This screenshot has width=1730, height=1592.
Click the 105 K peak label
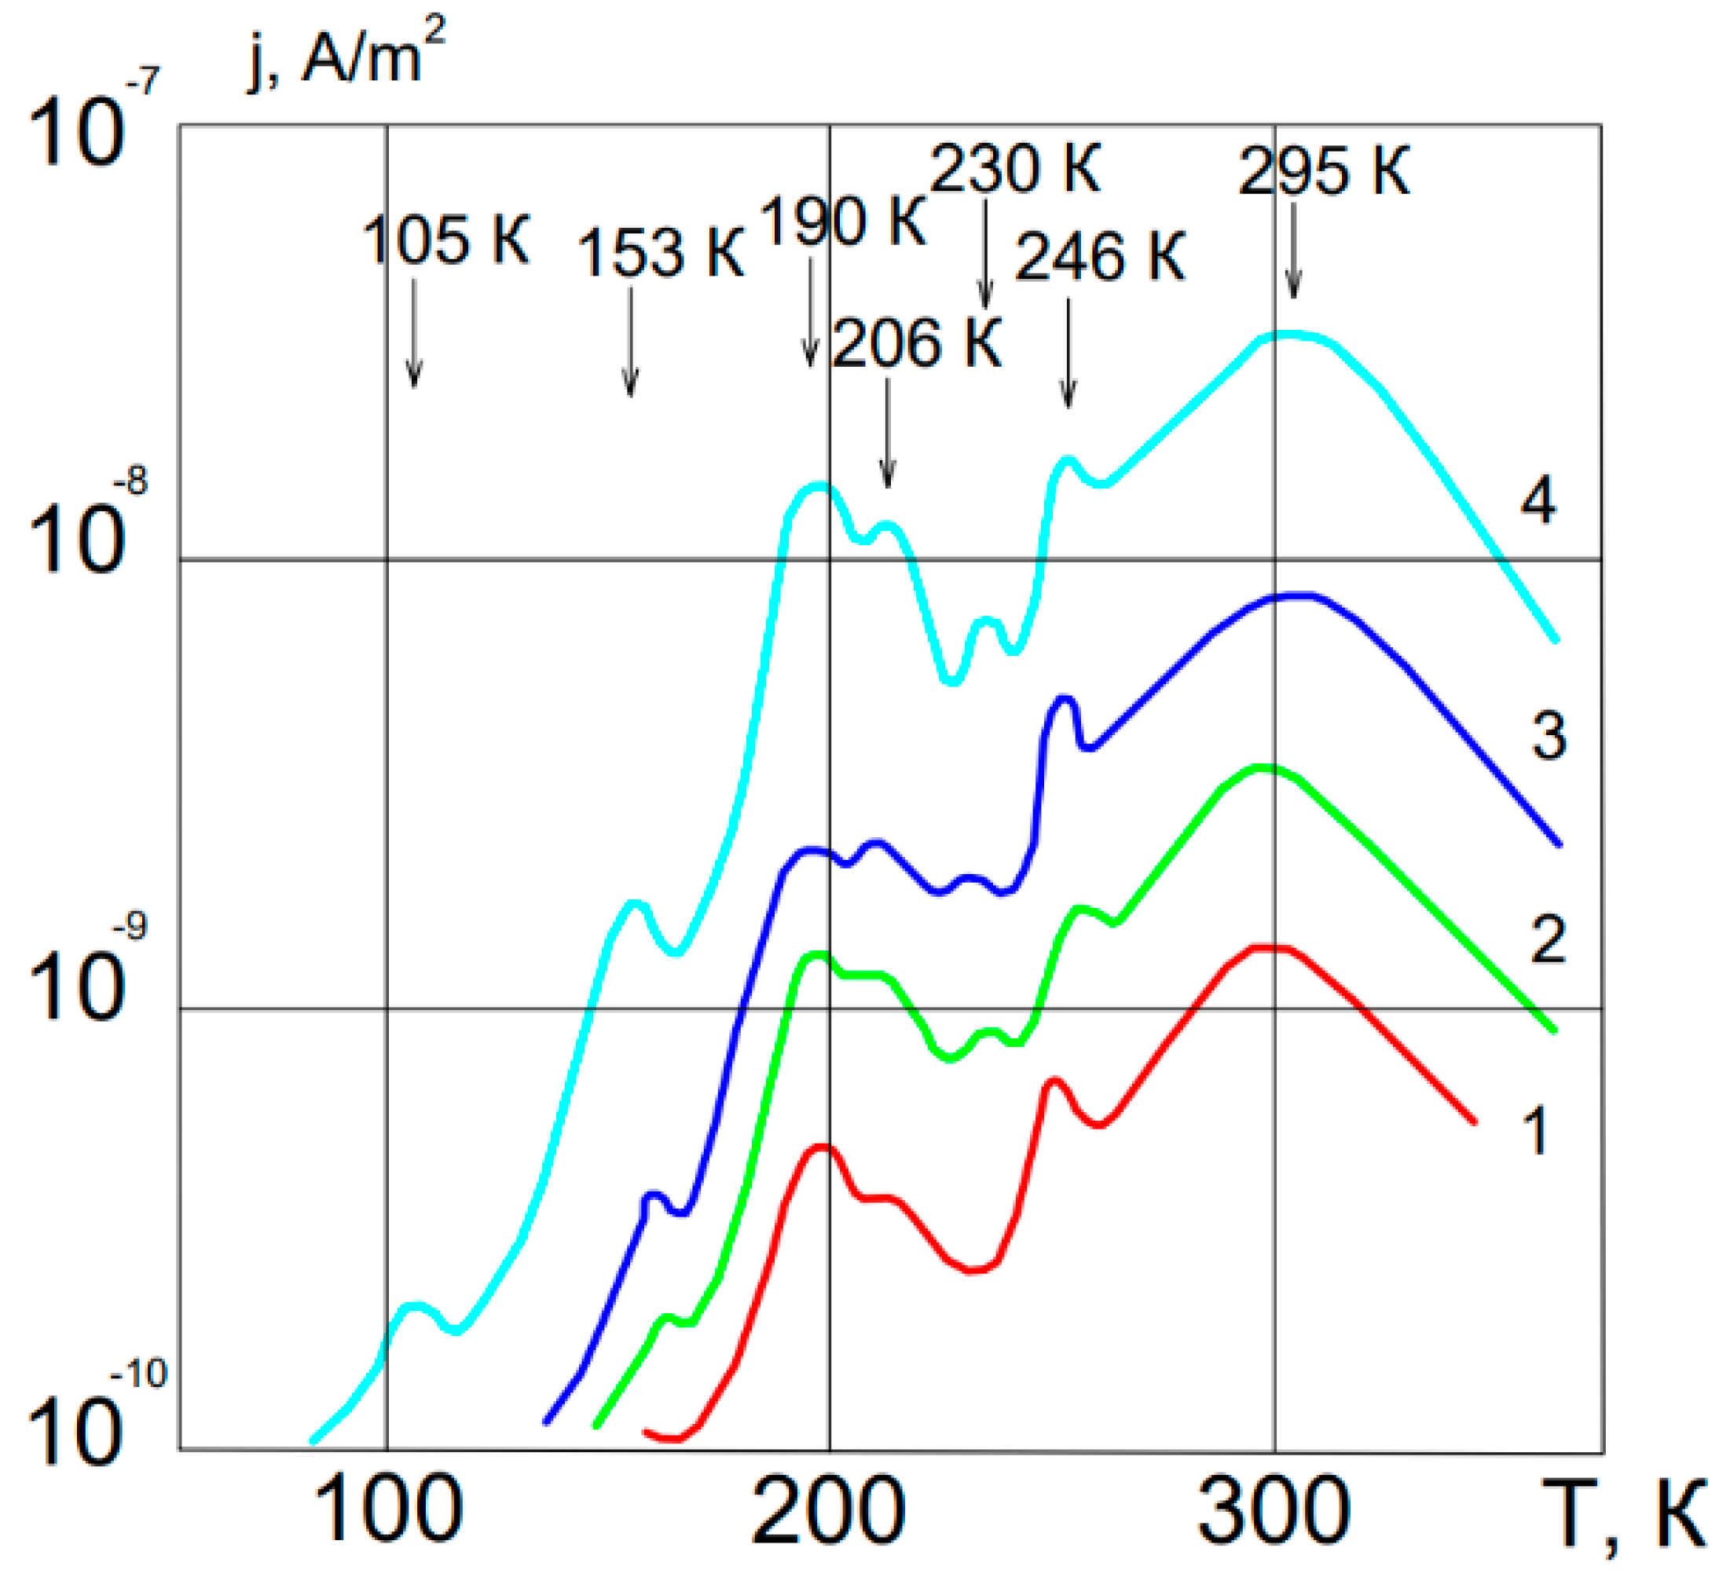445,240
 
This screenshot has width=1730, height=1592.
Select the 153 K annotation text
660,254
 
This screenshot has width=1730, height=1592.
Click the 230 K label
1015,169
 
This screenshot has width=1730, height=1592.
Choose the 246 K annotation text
1100,257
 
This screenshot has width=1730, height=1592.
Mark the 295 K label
1324,171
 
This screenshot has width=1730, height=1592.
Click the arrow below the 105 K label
413,331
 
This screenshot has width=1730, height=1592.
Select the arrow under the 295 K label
1293,250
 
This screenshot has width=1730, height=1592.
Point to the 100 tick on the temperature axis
387,1510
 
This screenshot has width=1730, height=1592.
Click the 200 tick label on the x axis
829,1510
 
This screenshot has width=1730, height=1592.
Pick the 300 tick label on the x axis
1274,1510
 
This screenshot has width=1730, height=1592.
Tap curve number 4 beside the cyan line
1538,500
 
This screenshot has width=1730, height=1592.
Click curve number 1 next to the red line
1536,1131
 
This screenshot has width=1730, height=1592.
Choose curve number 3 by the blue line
1549,737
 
